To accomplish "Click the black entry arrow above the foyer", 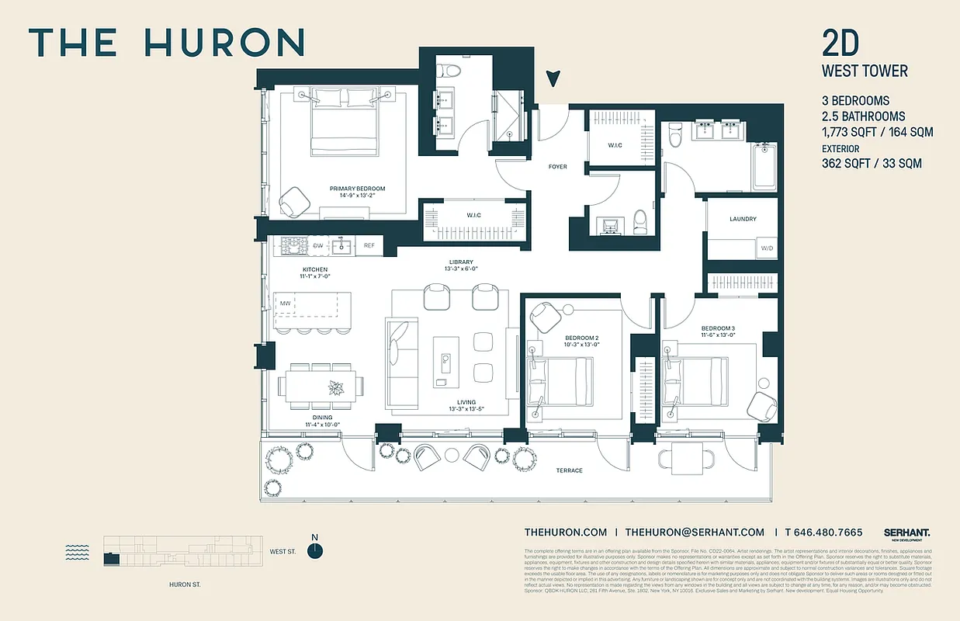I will [553, 78].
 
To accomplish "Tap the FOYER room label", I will [557, 167].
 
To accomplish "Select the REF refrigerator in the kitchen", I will [369, 246].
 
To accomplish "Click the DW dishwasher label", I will [318, 246].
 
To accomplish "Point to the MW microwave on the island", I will [285, 304].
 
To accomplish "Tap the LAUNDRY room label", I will [743, 219].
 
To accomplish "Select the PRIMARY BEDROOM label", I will [357, 189].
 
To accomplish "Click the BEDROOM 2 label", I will [581, 338].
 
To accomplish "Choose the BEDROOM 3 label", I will [718, 328].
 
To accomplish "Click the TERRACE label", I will [569, 470].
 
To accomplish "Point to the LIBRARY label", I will [460, 262].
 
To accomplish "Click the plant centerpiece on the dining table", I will [337, 387].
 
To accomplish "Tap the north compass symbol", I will [314, 550].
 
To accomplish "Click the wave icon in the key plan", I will [77, 552].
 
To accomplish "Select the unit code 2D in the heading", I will [841, 43].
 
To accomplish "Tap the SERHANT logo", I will [906, 533].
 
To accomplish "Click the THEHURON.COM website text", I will [565, 533].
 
